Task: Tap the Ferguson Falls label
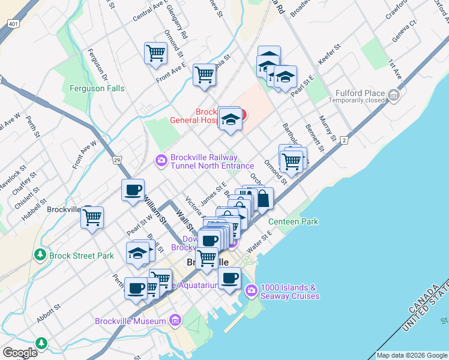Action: click(97, 88)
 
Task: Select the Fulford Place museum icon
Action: click(394, 94)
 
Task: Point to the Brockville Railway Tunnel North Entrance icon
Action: click(161, 160)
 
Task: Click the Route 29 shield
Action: click(118, 160)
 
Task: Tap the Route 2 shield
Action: click(344, 140)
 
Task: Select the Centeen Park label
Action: click(293, 221)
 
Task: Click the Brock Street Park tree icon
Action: click(41, 255)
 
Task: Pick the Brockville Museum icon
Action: click(175, 320)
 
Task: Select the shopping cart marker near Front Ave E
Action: click(155, 52)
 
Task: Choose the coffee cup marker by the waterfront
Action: click(230, 278)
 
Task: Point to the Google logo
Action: click(19, 353)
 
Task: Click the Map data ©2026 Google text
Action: click(411, 355)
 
